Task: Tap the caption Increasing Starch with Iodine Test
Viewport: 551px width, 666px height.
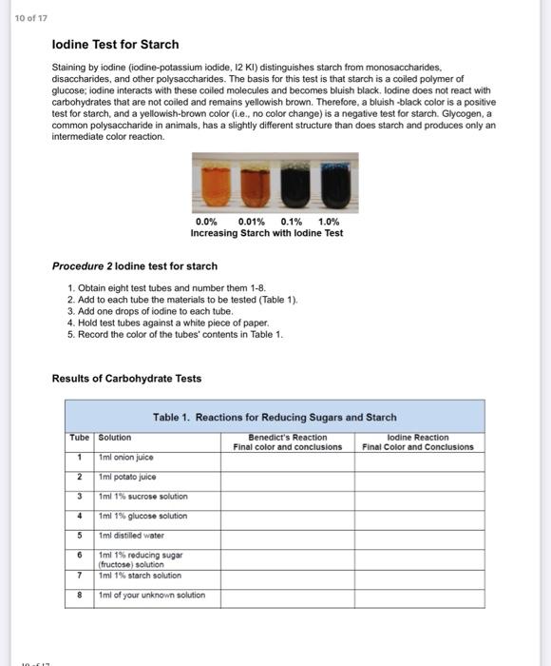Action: (267, 233)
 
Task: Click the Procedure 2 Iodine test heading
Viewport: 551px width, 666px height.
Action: (134, 266)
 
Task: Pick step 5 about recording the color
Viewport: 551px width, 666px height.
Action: (175, 334)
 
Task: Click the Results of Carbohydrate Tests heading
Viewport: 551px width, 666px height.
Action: (126, 379)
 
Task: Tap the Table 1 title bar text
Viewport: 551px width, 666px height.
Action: (275, 417)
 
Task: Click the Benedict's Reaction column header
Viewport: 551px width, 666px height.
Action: (287, 442)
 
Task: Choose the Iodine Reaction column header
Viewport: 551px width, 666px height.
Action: (417, 442)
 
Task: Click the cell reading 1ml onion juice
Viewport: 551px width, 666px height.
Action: (126, 458)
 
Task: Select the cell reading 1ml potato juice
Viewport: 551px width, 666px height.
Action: (127, 477)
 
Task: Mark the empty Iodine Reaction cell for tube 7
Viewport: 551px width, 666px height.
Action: (418, 576)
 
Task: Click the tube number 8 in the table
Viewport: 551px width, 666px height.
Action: (80, 596)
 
